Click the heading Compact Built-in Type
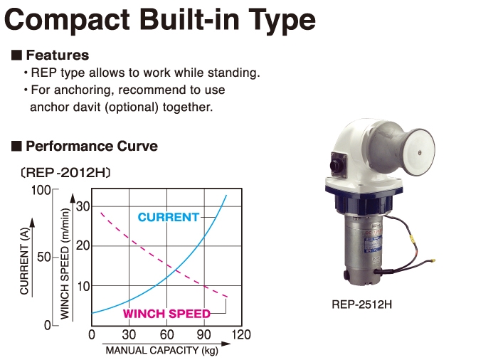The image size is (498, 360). tap(160, 21)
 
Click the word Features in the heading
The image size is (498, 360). tap(58, 55)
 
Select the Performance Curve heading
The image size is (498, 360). tap(92, 146)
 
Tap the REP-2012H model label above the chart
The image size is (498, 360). tap(65, 173)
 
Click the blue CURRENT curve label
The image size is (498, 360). tap(169, 217)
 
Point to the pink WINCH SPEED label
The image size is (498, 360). tap(166, 314)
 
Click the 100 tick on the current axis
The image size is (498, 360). tap(41, 191)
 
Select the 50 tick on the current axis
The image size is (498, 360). tap(44, 257)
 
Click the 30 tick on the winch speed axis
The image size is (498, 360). tap(83, 207)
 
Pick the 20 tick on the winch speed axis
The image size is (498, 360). tap(83, 245)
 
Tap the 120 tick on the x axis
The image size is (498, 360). tap(241, 334)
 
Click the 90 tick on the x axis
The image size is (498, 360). tap(203, 334)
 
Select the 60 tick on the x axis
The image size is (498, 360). tap(166, 334)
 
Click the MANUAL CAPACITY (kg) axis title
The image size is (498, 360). tap(162, 350)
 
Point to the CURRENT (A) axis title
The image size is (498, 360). tap(24, 261)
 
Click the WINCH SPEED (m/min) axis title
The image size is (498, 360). tap(65, 264)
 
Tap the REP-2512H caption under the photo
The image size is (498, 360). tap(361, 305)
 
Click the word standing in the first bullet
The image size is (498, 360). tap(233, 73)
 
